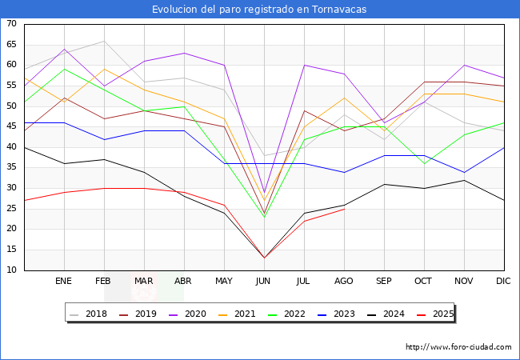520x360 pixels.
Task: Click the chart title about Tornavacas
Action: (260, 10)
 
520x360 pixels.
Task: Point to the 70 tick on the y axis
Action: (11, 24)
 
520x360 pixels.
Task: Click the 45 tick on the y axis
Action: (11, 126)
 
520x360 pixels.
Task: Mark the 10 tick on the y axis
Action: (11, 270)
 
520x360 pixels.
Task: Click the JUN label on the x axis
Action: (264, 282)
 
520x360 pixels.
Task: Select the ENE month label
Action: (64, 282)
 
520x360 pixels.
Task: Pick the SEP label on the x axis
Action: (384, 282)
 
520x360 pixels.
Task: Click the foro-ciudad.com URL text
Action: (458, 347)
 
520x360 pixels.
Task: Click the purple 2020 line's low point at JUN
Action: (264, 192)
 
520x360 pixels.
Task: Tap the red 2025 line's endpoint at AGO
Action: (344, 209)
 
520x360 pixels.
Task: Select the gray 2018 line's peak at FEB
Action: (104, 41)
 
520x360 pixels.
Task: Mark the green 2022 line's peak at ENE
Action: (64, 69)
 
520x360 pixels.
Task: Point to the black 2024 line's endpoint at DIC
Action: (504, 200)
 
